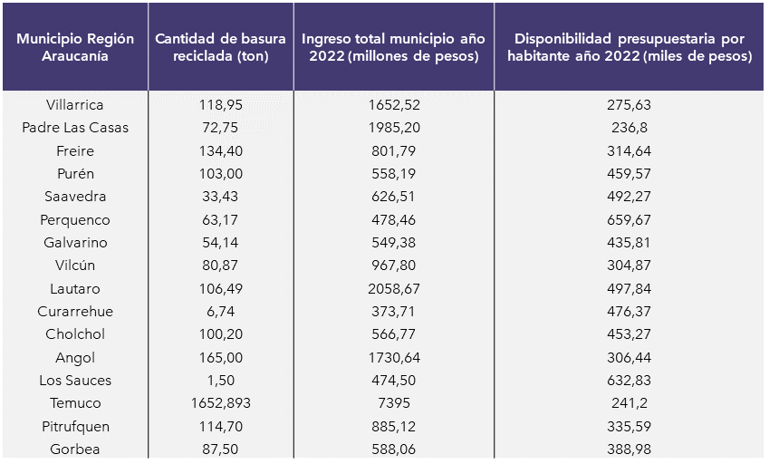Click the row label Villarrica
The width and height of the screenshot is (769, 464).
pos(75,105)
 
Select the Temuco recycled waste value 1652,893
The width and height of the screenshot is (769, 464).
pos(221,403)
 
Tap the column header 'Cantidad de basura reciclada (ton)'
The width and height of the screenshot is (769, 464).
pos(221,47)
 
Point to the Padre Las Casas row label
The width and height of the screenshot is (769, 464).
pos(75,128)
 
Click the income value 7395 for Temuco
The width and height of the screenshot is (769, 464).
pos(394,403)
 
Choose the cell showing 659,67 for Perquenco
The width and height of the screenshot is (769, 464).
pos(629,220)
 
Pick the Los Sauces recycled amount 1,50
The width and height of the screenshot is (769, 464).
pos(221,381)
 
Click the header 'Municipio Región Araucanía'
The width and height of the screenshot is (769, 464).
pos(75,47)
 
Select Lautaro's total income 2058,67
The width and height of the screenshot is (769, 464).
pos(394,289)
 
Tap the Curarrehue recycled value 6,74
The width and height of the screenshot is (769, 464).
pos(221,312)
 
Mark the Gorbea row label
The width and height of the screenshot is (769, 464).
pos(75,449)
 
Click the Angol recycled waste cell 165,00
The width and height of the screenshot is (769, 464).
pos(221,358)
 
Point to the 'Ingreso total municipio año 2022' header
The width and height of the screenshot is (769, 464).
pos(394,47)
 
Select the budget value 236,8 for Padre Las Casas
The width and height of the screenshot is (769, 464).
pos(629,128)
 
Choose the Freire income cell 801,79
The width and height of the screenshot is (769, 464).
pos(394,151)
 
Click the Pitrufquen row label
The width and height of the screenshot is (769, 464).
pos(75,427)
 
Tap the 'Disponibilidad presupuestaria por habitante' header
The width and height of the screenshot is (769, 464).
pos(629,47)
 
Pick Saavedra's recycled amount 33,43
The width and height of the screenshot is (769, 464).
pos(221,197)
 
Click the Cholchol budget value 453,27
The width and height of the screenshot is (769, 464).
pos(629,334)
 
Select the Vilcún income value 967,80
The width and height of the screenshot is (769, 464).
pos(394,266)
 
